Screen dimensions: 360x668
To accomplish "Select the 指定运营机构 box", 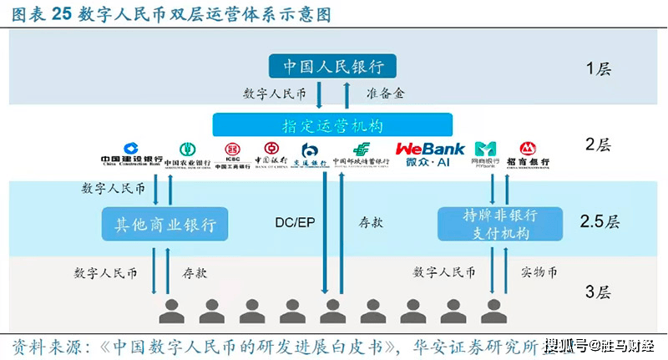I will [x=332, y=125].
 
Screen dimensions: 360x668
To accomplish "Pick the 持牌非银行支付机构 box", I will [x=488, y=224].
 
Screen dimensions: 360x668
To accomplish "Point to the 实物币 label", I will [x=539, y=272].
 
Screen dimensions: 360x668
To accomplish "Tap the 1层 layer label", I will [x=598, y=68].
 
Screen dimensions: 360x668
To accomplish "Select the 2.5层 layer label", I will [x=601, y=223].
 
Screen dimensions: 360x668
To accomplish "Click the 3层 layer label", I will [x=598, y=292].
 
